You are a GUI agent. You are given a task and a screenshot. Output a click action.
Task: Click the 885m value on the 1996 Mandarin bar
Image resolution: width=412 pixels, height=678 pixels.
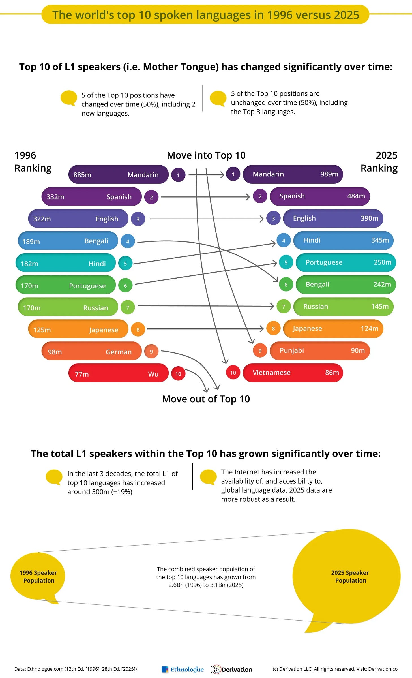tap(82, 175)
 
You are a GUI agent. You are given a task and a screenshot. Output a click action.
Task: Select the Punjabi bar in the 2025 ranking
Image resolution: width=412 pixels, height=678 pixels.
tap(320, 351)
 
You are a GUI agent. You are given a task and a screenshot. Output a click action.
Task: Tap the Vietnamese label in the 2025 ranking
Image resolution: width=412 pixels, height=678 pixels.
tap(271, 373)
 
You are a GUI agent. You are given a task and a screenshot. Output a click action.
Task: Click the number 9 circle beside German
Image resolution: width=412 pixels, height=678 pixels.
tap(151, 352)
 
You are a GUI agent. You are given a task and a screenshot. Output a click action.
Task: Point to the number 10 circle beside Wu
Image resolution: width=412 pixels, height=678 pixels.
tap(178, 374)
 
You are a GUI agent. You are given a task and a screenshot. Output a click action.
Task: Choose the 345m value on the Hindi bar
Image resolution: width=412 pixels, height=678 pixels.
tap(380, 240)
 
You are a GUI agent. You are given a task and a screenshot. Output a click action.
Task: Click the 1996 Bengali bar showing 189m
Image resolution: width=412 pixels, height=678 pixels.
tap(68, 241)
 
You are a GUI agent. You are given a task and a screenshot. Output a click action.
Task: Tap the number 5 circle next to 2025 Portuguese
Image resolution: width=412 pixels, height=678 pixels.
tap(286, 262)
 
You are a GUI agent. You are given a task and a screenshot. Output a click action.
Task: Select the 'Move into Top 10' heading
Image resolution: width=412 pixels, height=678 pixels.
tap(206, 155)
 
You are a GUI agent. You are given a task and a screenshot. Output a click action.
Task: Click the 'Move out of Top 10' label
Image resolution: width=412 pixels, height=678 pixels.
tap(206, 399)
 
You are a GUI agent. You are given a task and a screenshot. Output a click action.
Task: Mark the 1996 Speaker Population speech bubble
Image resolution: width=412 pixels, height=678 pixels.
tap(38, 576)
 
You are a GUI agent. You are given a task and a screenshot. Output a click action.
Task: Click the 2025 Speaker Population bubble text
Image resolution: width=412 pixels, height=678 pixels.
tap(350, 576)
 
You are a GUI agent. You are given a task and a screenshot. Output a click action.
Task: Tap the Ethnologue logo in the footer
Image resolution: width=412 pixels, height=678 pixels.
tap(183, 669)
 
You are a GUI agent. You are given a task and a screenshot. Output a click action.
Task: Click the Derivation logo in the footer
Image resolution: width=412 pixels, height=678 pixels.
tap(232, 669)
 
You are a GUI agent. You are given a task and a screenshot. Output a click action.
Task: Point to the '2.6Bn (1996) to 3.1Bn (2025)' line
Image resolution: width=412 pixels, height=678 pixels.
tap(206, 585)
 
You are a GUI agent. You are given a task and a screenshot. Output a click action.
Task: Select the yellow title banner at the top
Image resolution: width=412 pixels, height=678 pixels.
tap(205, 15)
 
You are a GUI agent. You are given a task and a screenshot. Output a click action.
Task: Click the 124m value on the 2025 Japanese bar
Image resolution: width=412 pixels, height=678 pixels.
tap(369, 328)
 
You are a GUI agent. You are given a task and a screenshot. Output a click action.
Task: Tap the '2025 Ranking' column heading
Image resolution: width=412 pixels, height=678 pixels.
tap(379, 161)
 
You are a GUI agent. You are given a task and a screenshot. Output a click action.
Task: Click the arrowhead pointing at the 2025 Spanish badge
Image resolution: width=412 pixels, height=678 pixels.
tap(248, 197)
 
